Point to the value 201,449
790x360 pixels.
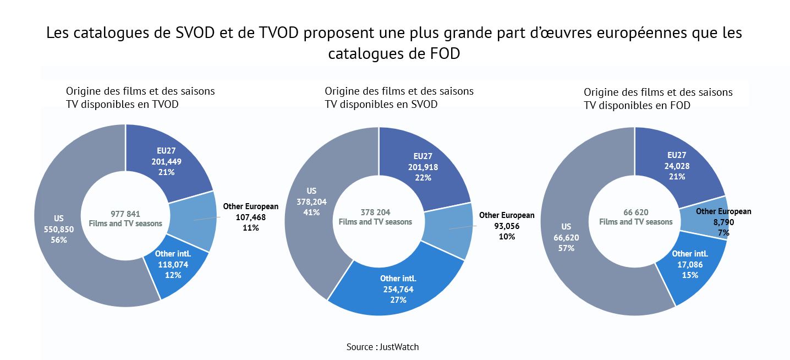pyautogui.click(x=166, y=162)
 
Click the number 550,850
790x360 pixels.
pyautogui.click(x=55, y=229)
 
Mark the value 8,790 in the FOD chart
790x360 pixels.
pyautogui.click(x=723, y=222)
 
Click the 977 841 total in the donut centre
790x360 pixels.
pyautogui.click(x=125, y=214)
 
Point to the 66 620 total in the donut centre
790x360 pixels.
pyautogui.click(x=635, y=212)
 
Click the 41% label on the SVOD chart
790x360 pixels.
pyautogui.click(x=311, y=212)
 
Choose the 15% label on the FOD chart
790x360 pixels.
pyautogui.click(x=690, y=275)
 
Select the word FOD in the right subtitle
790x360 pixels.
pyautogui.click(x=680, y=105)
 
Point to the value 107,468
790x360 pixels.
pyautogui.click(x=250, y=217)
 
